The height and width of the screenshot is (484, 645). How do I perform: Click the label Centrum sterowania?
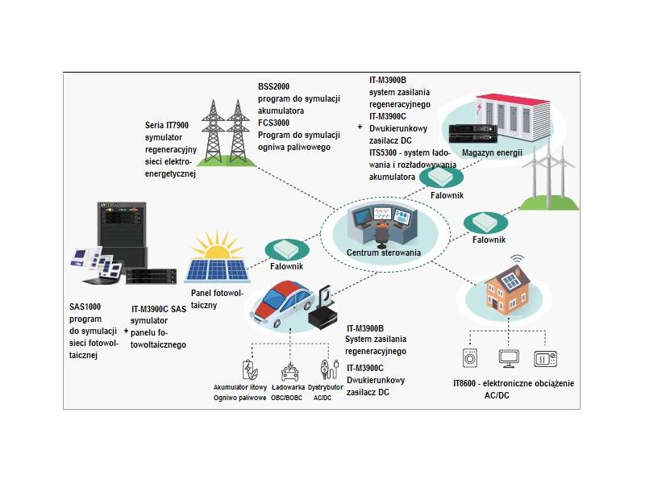383,252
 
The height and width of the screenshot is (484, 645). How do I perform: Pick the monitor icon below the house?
509,357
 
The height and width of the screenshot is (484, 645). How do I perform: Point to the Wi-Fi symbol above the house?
517,260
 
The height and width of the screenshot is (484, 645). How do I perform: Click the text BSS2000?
274,86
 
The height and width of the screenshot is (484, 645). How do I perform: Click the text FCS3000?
274,123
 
